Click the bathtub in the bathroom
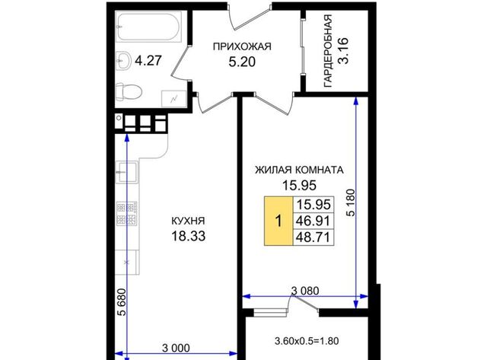point(149,27)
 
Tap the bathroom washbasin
point(124,60)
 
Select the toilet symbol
point(129,92)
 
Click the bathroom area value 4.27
point(148,60)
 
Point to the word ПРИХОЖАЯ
point(242,46)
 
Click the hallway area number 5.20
point(242,62)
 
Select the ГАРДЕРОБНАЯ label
point(328,51)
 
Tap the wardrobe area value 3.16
point(343,51)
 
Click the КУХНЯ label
point(188,221)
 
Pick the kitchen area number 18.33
point(188,236)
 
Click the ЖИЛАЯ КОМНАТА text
point(299,170)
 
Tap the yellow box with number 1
point(279,221)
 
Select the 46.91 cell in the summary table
point(313,221)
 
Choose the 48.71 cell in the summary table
point(313,237)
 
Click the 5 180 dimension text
point(351,202)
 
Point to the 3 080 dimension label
point(305,291)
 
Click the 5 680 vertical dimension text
point(123,302)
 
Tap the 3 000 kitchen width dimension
point(176,348)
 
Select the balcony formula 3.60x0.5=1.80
point(307,341)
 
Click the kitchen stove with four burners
point(127,213)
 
